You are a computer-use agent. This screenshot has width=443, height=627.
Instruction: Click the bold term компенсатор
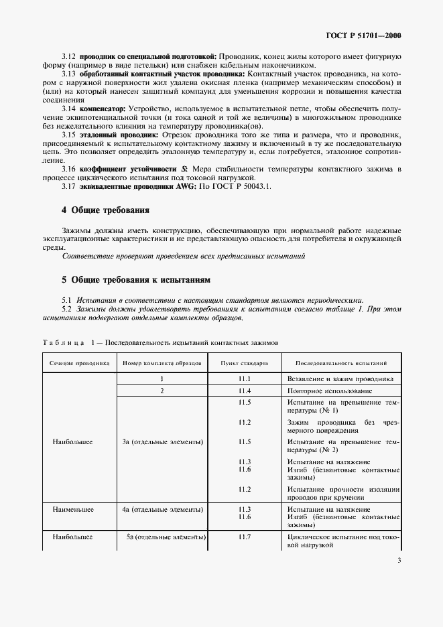(103, 108)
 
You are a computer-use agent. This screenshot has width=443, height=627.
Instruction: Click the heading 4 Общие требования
(105, 210)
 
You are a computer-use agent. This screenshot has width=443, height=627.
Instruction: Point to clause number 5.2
(67, 309)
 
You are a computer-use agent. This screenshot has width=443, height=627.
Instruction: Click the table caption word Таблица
(64, 343)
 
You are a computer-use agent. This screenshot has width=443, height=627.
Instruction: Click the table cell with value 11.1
(244, 378)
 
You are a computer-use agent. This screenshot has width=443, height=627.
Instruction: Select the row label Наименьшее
(74, 510)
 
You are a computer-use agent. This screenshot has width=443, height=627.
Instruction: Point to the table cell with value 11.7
(244, 537)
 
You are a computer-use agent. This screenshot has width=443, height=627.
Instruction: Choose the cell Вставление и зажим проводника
(340, 378)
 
